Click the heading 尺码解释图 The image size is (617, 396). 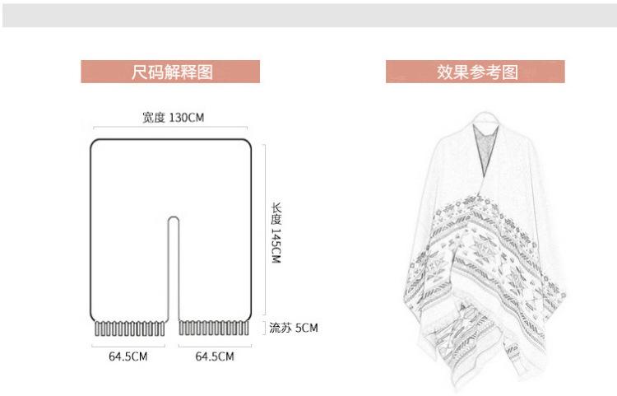[x=172, y=72]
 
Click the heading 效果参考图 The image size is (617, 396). [x=477, y=72]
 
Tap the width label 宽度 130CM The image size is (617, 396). [x=173, y=117]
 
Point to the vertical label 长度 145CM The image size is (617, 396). [x=276, y=233]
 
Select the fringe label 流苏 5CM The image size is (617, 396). [x=294, y=328]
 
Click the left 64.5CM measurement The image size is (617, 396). [x=128, y=356]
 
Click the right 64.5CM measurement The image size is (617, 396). [x=215, y=356]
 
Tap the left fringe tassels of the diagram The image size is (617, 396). [x=130, y=328]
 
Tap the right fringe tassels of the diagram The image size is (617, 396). [x=214, y=328]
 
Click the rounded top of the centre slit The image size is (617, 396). [x=174, y=217]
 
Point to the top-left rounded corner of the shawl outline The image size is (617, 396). [x=94, y=142]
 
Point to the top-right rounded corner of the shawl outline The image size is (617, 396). [x=248, y=142]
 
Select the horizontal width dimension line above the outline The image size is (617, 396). [x=170, y=127]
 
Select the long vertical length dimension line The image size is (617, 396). [x=265, y=230]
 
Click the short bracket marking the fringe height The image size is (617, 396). [x=264, y=328]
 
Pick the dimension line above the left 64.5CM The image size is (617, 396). [x=128, y=346]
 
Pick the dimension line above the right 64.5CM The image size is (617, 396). [x=215, y=346]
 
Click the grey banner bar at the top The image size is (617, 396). [x=309, y=16]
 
